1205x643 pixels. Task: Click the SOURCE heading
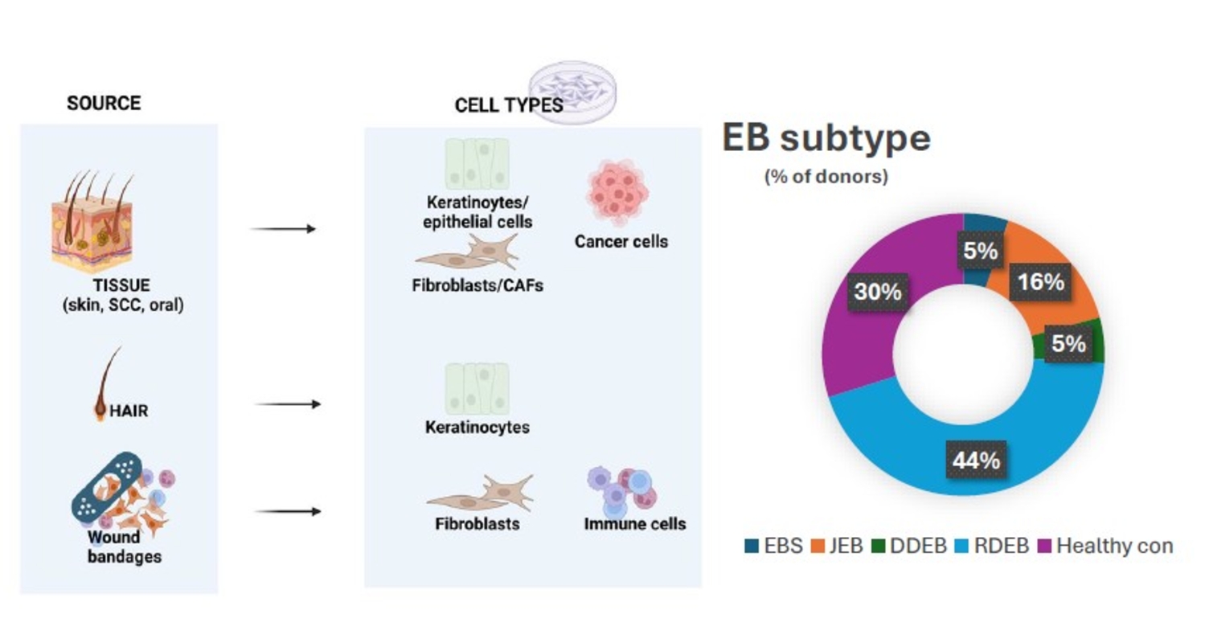point(104,104)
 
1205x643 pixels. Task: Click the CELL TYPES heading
point(509,105)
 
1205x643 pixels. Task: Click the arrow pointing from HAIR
point(287,403)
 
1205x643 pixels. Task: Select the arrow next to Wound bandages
point(287,511)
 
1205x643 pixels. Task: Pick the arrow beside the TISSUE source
point(283,229)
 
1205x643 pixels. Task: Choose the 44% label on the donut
point(977,461)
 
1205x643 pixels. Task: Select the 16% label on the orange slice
point(1041,282)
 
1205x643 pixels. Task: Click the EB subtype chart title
point(826,139)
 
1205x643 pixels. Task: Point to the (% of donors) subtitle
point(826,177)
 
